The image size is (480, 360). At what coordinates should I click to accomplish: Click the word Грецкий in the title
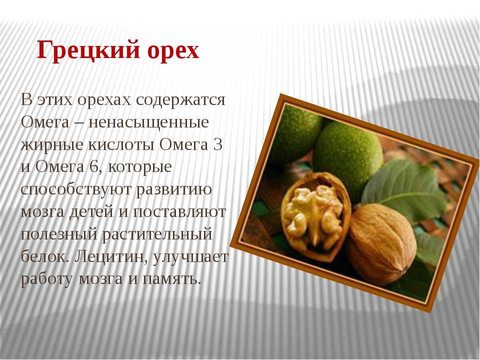[88, 50]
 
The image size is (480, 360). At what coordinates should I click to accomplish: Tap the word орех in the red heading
[173, 52]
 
